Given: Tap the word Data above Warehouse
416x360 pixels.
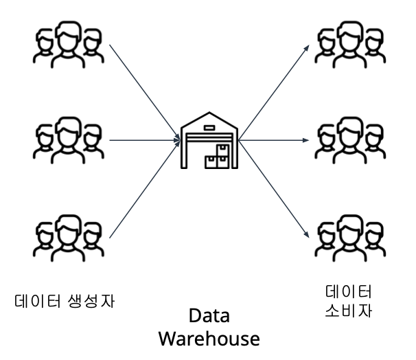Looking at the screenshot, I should pyautogui.click(x=209, y=317).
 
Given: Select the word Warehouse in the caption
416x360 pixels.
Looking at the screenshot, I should pyautogui.click(x=209, y=339).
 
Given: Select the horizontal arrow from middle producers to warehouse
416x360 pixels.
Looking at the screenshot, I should pyautogui.click(x=141, y=139).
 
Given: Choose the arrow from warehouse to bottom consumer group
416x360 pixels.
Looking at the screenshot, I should pyautogui.click(x=273, y=189).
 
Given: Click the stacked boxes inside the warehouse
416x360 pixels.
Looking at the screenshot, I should pyautogui.click(x=220, y=158).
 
